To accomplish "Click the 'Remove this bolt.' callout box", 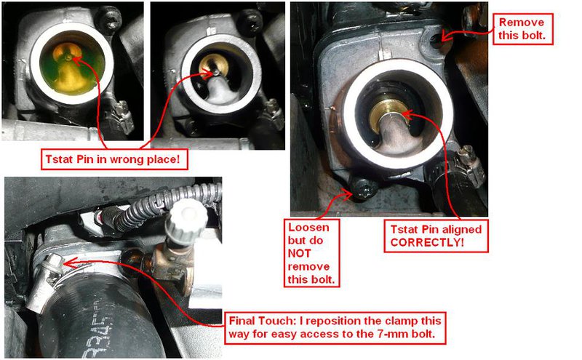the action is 522,29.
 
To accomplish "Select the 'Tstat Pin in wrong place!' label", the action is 114,159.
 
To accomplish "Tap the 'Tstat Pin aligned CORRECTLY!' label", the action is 436,236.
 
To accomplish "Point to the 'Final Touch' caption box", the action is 335,328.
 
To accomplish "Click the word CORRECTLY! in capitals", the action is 427,243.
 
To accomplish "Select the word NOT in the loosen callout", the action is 299,254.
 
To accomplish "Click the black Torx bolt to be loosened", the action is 362,188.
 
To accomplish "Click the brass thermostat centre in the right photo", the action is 390,112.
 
